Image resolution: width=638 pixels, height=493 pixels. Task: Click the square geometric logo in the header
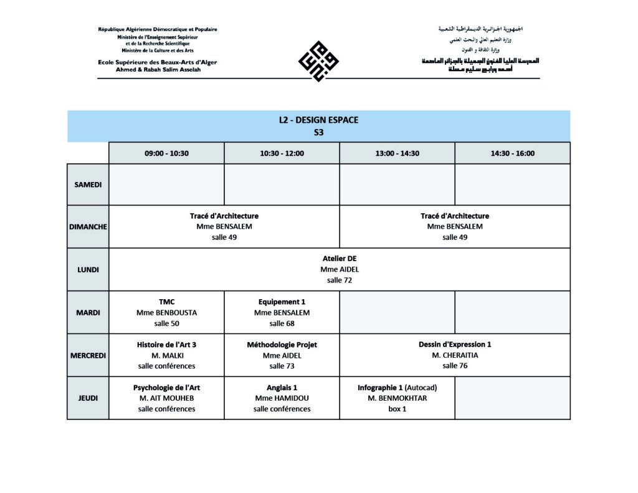318,61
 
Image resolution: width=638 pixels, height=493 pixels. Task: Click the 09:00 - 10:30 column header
166,153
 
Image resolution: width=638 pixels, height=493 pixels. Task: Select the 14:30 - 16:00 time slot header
512,153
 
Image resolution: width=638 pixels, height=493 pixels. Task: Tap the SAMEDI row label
88,184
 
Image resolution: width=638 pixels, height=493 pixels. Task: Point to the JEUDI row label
88,398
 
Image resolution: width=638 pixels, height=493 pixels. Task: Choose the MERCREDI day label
88,355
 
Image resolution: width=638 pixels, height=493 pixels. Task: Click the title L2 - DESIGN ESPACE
318,120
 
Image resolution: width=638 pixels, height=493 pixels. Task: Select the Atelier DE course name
340,259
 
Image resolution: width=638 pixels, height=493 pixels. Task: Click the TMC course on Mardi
166,302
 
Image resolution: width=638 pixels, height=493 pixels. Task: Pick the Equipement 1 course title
282,302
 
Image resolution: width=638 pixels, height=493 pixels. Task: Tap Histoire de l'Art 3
166,344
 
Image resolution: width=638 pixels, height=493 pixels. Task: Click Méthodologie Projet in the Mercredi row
282,344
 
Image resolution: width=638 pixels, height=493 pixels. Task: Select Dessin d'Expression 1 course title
455,344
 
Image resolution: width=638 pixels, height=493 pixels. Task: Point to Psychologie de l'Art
166,387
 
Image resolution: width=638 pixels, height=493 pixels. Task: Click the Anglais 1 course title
282,387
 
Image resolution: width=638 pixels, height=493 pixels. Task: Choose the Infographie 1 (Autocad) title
397,387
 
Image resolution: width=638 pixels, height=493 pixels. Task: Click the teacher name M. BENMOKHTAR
397,398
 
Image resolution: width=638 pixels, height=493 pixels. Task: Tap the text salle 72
340,280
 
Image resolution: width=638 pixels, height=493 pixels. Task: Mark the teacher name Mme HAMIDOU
282,398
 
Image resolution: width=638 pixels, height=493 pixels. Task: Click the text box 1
397,409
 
